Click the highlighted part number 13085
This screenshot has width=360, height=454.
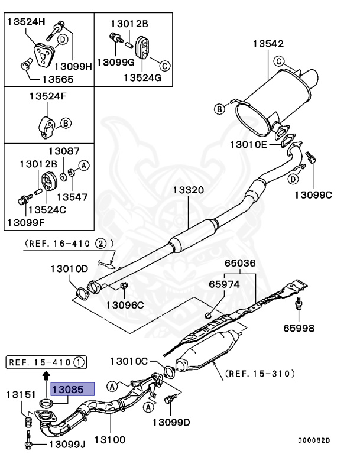click(x=72, y=389)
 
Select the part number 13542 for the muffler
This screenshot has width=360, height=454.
click(x=268, y=44)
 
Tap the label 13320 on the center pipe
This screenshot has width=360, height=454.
click(x=188, y=190)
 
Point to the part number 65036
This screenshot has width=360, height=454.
click(x=239, y=263)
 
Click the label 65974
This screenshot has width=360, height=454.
click(x=224, y=284)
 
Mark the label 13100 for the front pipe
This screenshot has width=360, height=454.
click(x=111, y=441)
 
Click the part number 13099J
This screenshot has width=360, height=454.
click(x=67, y=443)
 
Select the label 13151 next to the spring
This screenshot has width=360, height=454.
click(x=22, y=394)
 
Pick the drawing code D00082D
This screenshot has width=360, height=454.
click(x=314, y=440)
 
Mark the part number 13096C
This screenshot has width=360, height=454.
click(x=125, y=305)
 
